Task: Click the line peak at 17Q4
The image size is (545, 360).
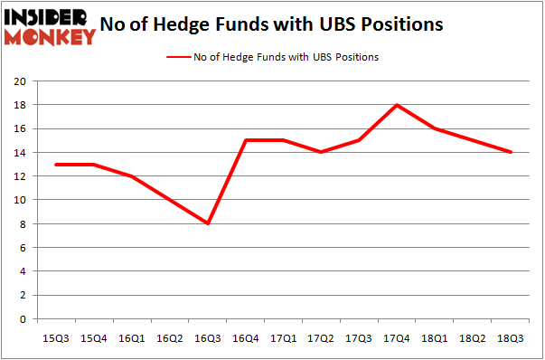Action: (x=397, y=105)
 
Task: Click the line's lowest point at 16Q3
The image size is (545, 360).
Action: (x=208, y=223)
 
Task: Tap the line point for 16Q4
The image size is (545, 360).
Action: (x=246, y=140)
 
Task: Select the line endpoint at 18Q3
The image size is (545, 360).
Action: (x=512, y=152)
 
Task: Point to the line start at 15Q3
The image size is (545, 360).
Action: (x=56, y=165)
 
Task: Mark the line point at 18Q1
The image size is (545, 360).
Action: (x=435, y=128)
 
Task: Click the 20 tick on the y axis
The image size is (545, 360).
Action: (x=19, y=81)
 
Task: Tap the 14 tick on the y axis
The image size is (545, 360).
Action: (x=19, y=152)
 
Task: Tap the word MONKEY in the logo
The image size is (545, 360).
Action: (x=50, y=36)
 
